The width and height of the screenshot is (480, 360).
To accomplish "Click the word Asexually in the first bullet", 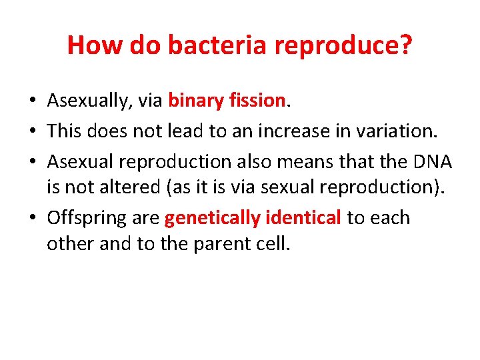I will pos(90,101).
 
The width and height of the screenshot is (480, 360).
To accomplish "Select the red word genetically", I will pos(212,218).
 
